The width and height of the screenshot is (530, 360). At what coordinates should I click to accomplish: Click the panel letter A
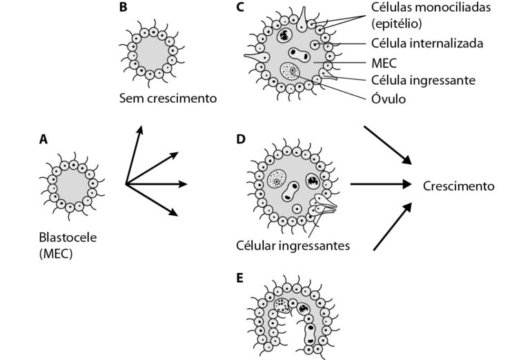43,139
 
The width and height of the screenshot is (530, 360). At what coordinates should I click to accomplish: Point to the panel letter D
240,139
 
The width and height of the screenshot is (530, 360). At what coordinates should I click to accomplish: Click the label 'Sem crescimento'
168,99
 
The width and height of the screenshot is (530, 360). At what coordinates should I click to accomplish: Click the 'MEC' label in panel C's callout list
384,62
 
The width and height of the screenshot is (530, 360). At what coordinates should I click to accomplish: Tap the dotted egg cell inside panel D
277,179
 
